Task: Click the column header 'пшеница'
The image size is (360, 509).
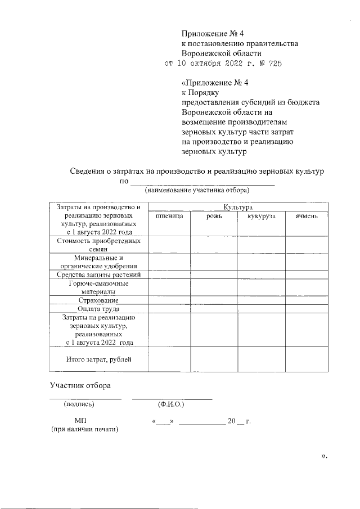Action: [169, 216]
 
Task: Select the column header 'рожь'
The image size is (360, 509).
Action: [214, 216]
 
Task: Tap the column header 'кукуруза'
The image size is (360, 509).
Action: [260, 216]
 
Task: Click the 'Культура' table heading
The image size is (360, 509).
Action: [238, 207]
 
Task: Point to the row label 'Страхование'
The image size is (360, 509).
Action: [98, 300]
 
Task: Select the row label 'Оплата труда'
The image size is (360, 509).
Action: [98, 308]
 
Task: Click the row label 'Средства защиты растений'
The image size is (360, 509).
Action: [98, 274]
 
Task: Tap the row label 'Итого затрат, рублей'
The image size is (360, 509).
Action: [98, 359]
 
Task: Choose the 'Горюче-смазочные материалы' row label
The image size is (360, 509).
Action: [98, 287]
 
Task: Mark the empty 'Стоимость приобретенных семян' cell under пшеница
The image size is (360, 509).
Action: [169, 245]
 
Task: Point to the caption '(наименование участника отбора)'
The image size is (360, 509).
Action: [196, 190]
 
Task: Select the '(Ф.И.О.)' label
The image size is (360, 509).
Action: [172, 404]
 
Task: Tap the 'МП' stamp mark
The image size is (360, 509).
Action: [80, 420]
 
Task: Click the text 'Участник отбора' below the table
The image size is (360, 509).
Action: [80, 385]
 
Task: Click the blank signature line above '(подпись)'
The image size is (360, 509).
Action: [85, 398]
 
